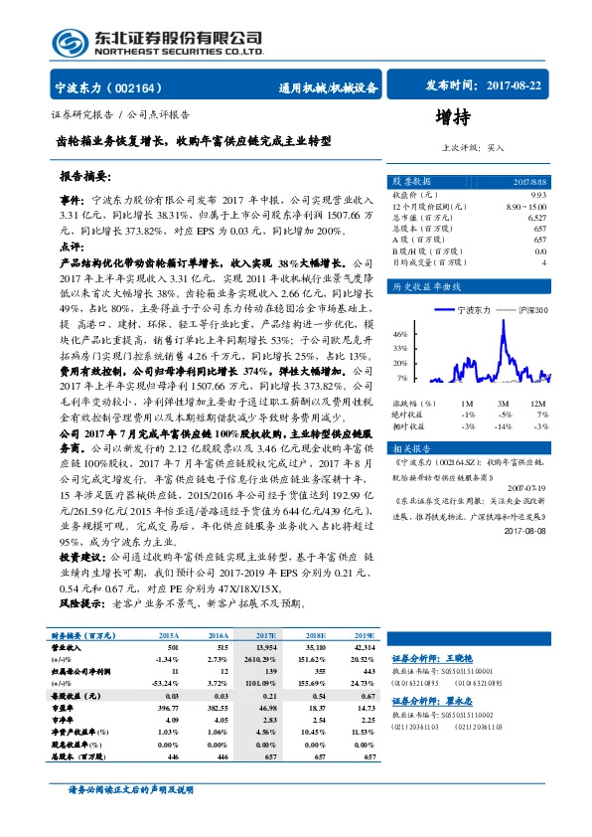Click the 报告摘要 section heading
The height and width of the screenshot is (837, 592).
pos(87,176)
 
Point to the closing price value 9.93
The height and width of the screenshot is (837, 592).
pos(538,195)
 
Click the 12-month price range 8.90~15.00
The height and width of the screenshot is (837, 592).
pos(526,206)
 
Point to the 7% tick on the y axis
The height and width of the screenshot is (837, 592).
pos(402,378)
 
